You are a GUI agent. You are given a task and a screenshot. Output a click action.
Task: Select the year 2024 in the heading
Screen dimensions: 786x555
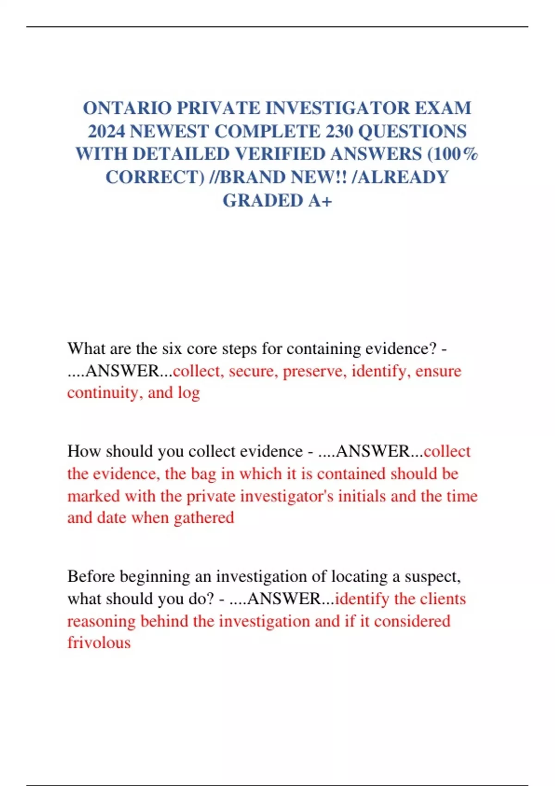(106, 131)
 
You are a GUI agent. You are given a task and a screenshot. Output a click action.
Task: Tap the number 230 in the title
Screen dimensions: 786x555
(339, 131)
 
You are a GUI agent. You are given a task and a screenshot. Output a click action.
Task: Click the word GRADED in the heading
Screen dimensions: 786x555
(263, 200)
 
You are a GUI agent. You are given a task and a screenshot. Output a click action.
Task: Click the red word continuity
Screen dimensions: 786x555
(105, 393)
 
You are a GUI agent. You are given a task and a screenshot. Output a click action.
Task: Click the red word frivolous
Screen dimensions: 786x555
(99, 642)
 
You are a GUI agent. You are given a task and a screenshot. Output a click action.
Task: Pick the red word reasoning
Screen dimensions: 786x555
(101, 621)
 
